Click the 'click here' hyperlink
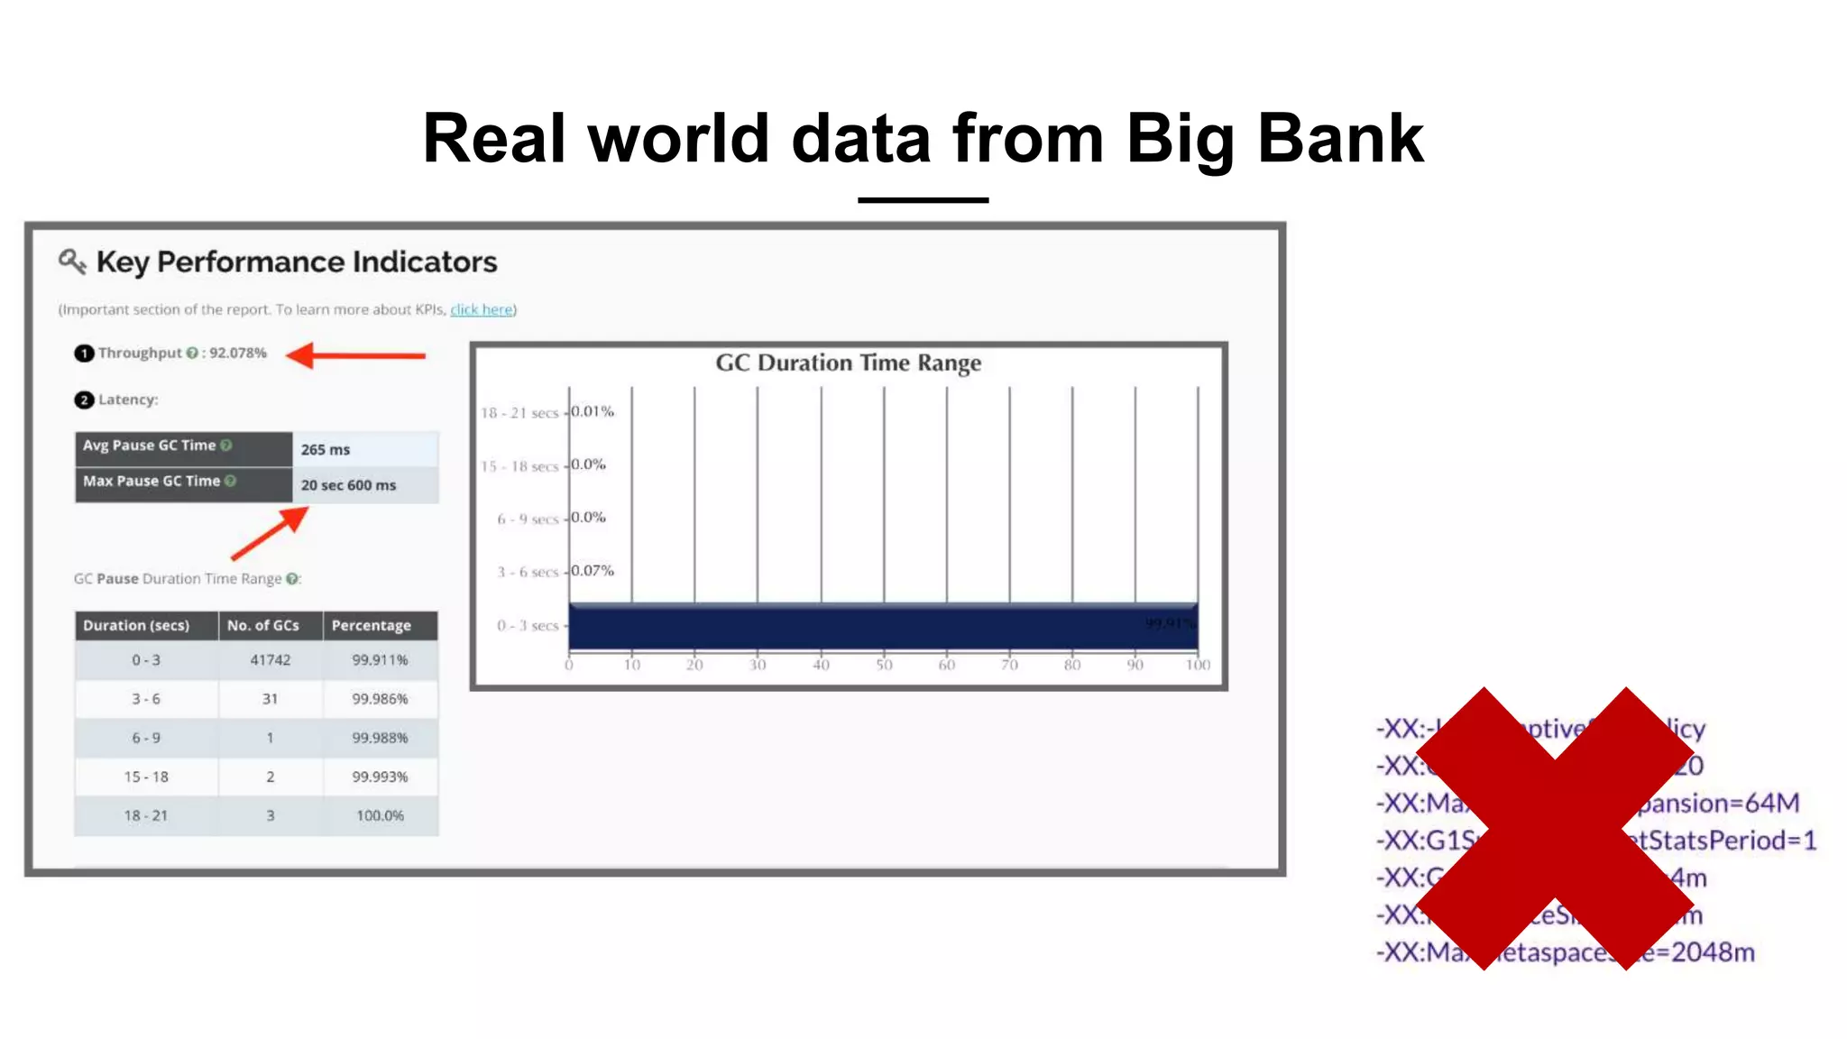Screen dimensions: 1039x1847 point(482,309)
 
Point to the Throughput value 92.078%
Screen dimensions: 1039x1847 point(238,353)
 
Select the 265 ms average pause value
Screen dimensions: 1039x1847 point(326,449)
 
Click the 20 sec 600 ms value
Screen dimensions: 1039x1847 point(348,485)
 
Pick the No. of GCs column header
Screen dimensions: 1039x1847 point(263,625)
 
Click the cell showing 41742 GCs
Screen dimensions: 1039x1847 point(270,660)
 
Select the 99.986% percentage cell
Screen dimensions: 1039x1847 point(380,699)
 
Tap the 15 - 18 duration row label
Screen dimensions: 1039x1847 point(146,777)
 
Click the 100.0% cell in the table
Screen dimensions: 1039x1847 point(380,815)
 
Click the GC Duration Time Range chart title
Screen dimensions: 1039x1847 point(848,363)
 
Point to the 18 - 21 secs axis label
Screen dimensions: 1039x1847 point(519,413)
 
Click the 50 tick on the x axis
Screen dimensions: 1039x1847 point(884,666)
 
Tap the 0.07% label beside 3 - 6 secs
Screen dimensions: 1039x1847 point(593,571)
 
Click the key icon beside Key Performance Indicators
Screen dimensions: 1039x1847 point(72,262)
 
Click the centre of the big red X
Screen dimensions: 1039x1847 point(1555,828)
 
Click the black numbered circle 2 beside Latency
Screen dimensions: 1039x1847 point(84,400)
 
